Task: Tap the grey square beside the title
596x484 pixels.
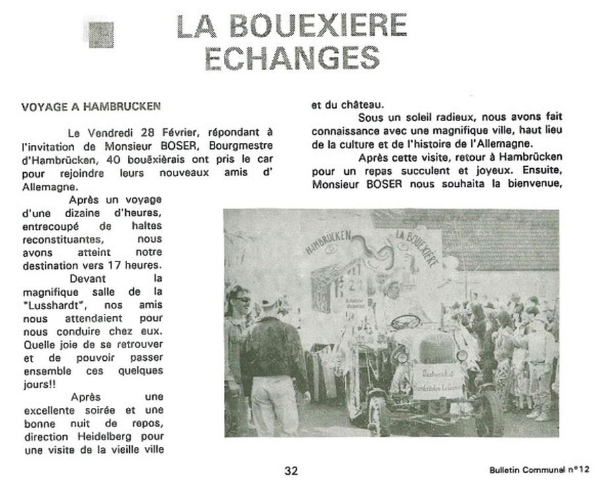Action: tap(101, 31)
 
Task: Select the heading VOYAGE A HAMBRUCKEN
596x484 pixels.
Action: tap(91, 106)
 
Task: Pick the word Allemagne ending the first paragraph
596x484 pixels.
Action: tap(44, 187)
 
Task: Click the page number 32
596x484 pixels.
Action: tap(291, 471)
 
